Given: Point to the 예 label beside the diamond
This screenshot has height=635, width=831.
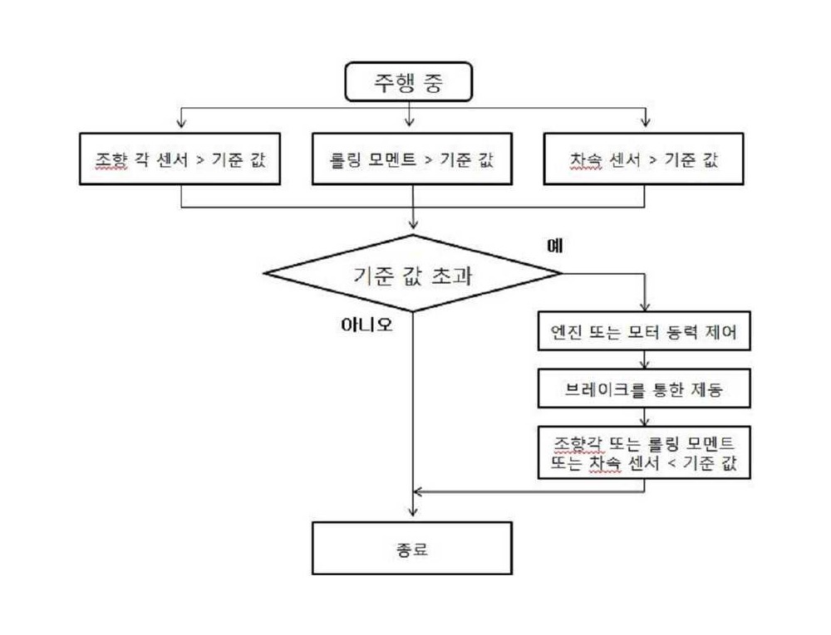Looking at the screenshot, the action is tap(555, 245).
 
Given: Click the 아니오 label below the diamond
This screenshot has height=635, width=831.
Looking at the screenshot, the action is tap(366, 324).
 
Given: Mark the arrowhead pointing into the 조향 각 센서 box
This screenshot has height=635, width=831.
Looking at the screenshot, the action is tap(181, 123).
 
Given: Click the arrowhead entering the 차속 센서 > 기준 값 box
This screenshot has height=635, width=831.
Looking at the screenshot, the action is tap(645, 122).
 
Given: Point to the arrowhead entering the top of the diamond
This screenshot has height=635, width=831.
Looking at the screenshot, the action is tap(413, 222).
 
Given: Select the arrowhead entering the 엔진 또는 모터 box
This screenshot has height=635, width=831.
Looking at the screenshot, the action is tap(645, 305).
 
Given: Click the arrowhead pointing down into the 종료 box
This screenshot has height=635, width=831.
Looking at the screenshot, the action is tap(413, 511).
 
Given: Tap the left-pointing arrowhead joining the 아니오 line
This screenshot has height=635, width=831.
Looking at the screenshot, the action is tap(418, 491).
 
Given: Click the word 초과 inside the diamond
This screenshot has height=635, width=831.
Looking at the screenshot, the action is tap(451, 276).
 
